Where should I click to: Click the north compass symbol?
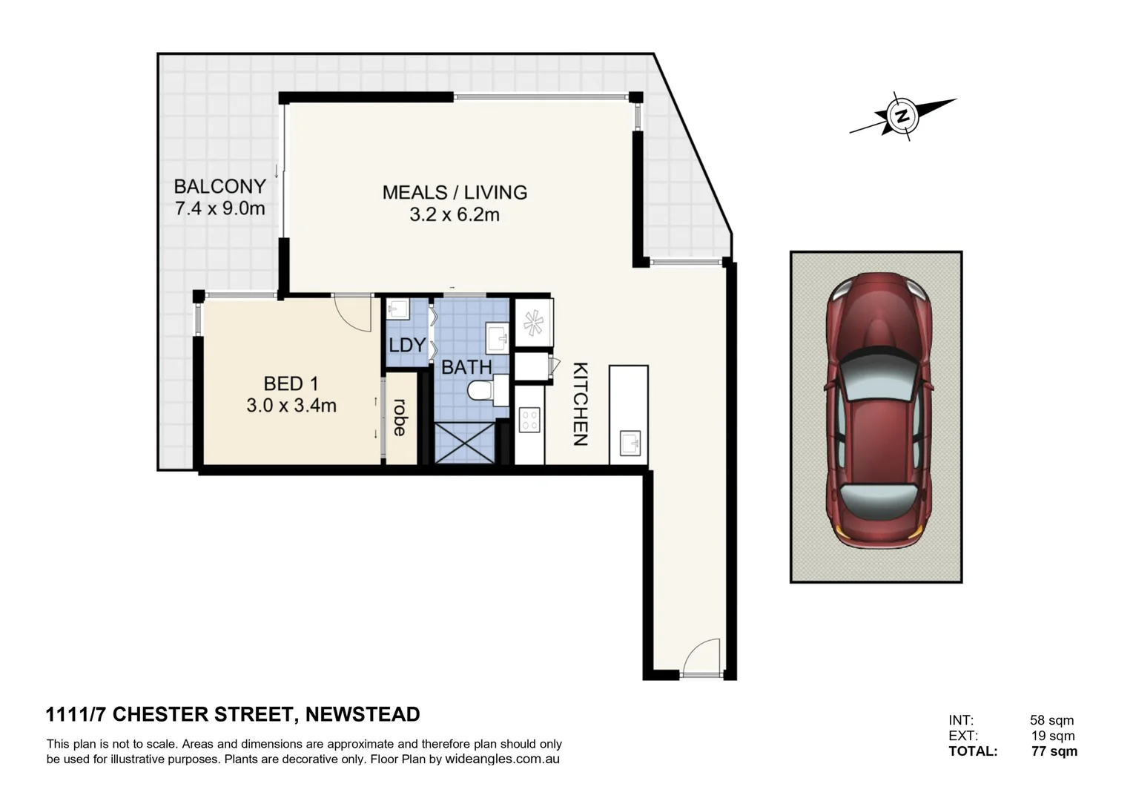pyautogui.click(x=902, y=116)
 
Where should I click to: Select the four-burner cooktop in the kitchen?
pyautogui.click(x=529, y=420)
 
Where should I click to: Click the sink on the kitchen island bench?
pyautogui.click(x=629, y=444)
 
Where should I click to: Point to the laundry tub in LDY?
pyautogui.click(x=398, y=309)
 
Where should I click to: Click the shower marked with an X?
pyautogui.click(x=464, y=443)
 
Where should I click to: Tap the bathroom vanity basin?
pyautogui.click(x=497, y=338)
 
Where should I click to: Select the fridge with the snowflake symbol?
pyautogui.click(x=533, y=322)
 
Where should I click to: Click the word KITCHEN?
pyautogui.click(x=581, y=404)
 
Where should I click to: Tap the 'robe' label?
pyautogui.click(x=400, y=418)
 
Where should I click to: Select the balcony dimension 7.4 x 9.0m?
pyautogui.click(x=219, y=208)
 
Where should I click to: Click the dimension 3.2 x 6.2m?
pyautogui.click(x=454, y=215)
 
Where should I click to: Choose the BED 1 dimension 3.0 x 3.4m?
pyautogui.click(x=291, y=406)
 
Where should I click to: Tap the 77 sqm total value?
pyautogui.click(x=1054, y=751)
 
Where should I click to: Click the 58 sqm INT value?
pyautogui.click(x=1051, y=720)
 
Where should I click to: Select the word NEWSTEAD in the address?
pyautogui.click(x=363, y=714)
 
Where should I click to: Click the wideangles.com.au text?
pyautogui.click(x=502, y=759)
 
